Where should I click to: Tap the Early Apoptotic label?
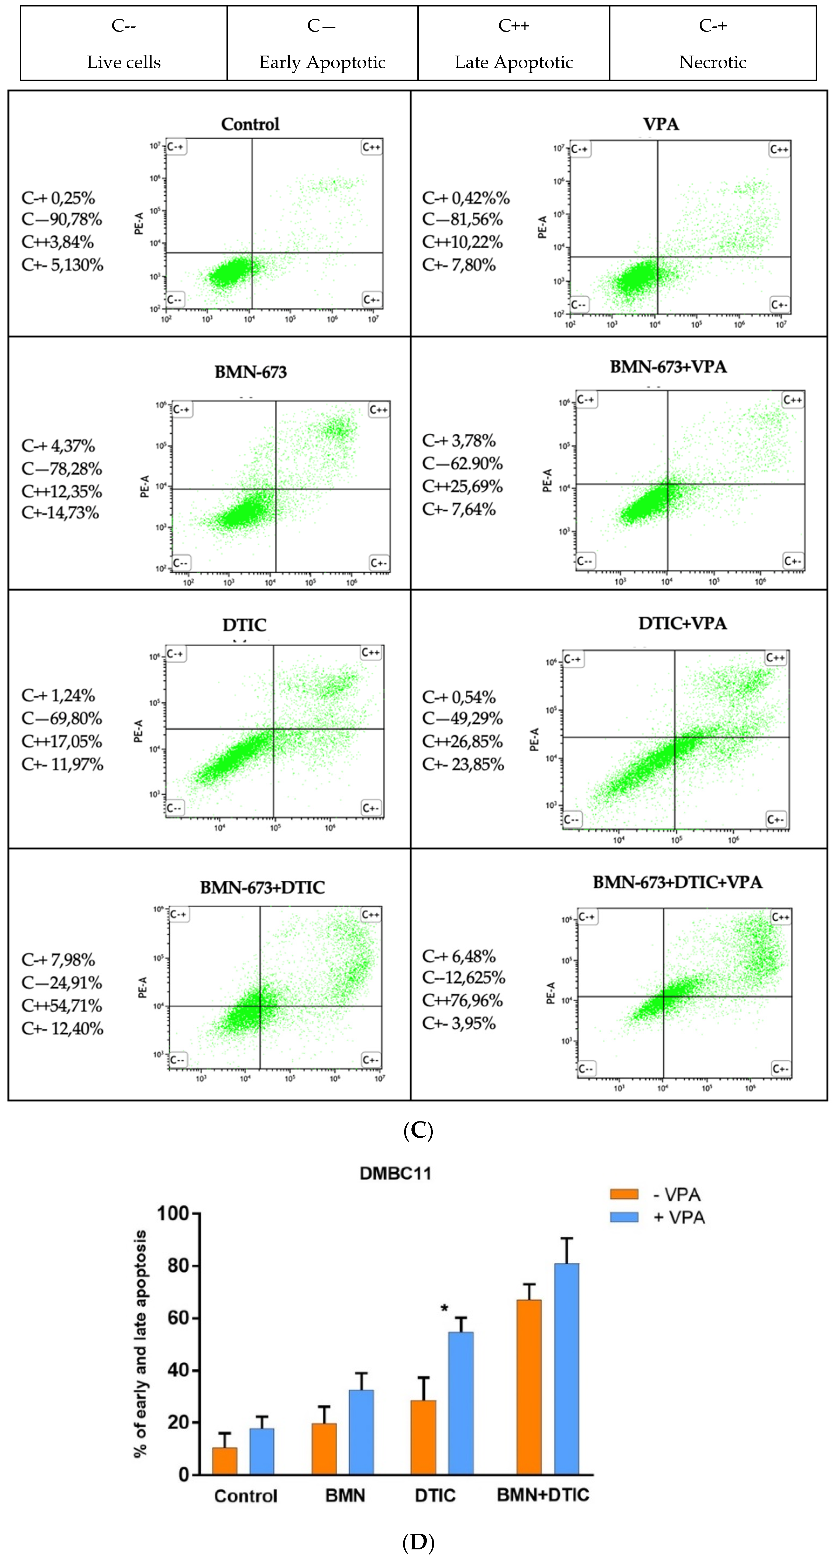[x=322, y=62]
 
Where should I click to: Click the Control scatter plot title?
[x=250, y=124]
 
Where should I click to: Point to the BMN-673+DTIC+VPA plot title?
[x=677, y=882]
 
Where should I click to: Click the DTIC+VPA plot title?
[x=682, y=624]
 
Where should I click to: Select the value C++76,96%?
[x=463, y=1001]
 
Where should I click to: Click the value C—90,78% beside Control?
[x=62, y=219]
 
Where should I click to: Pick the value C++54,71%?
[x=62, y=1006]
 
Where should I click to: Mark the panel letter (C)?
[x=418, y=1131]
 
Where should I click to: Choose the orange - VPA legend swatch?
[x=624, y=1194]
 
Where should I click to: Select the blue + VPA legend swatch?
[x=624, y=1217]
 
